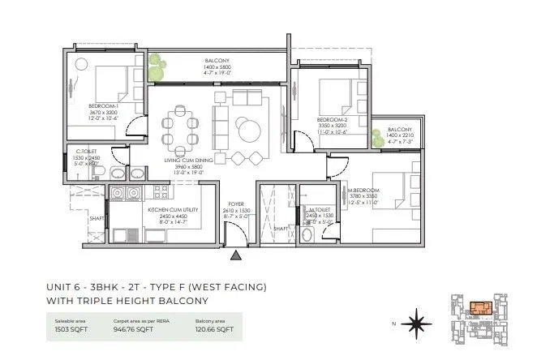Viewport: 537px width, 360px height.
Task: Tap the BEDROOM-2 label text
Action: click(333, 120)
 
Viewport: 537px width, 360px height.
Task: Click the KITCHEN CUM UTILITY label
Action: click(168, 208)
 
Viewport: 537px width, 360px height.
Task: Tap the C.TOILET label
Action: click(85, 150)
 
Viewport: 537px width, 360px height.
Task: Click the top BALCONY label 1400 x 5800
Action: click(217, 61)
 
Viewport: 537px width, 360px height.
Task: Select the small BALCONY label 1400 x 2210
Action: click(398, 130)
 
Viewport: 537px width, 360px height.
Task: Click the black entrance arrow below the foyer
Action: click(235, 255)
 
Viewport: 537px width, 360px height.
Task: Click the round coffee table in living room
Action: click(247, 127)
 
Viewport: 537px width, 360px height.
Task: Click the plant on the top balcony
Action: click(157, 62)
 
